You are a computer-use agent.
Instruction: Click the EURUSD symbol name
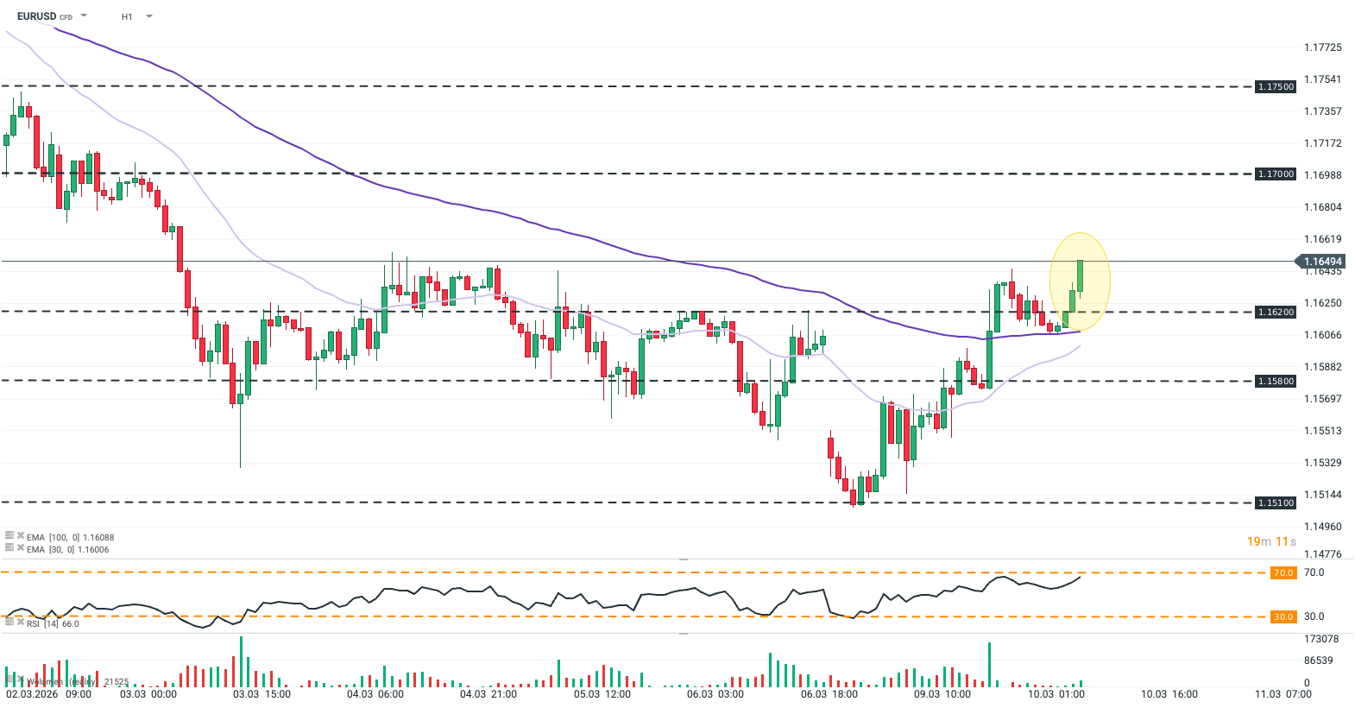(x=36, y=16)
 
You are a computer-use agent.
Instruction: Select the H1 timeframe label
(x=127, y=16)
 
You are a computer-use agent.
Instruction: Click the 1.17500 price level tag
(x=1276, y=87)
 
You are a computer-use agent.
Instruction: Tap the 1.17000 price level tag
(x=1276, y=174)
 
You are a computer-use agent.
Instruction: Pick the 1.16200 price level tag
(x=1276, y=313)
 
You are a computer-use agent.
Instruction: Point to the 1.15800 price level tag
(x=1276, y=382)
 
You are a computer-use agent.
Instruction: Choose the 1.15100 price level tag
(x=1276, y=503)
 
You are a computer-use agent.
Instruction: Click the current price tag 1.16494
(x=1322, y=262)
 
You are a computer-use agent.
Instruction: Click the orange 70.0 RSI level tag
(x=1283, y=573)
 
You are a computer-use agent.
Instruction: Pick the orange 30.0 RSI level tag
(x=1283, y=617)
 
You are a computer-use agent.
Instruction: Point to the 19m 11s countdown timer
(x=1271, y=541)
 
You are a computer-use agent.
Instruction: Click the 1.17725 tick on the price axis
(x=1322, y=47)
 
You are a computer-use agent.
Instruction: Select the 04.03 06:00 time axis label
(x=375, y=694)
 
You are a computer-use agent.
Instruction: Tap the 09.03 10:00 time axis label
(x=942, y=694)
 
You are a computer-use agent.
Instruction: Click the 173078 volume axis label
(x=1321, y=639)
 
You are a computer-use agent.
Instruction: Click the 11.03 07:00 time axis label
(x=1283, y=694)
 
